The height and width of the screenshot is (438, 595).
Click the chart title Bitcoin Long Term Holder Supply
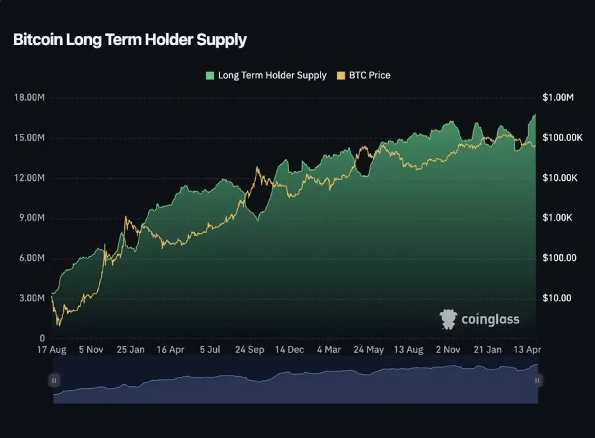point(130,40)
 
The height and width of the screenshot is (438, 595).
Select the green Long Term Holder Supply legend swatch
point(210,75)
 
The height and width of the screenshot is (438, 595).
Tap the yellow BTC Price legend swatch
point(341,75)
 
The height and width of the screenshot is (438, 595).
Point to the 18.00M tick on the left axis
point(29,97)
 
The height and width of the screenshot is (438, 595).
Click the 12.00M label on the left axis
point(29,178)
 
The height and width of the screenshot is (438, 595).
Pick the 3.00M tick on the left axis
point(32,298)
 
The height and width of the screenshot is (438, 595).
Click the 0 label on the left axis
point(42,338)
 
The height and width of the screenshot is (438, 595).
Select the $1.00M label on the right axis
point(558,97)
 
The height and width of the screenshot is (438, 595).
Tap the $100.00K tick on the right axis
point(563,138)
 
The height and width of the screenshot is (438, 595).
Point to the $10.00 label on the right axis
point(557,298)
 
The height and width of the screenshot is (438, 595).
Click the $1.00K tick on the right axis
point(557,218)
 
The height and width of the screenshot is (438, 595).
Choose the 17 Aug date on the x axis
point(52,350)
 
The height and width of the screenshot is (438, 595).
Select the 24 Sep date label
point(250,350)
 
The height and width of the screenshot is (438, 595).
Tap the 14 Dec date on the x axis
point(289,350)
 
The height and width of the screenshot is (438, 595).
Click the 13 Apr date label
point(527,350)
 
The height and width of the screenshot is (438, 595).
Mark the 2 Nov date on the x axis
point(448,350)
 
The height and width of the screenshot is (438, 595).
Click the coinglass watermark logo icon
point(448,319)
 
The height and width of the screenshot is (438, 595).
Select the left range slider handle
point(54,380)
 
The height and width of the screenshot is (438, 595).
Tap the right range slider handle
point(537,380)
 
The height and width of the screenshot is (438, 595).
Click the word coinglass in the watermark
point(490,320)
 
